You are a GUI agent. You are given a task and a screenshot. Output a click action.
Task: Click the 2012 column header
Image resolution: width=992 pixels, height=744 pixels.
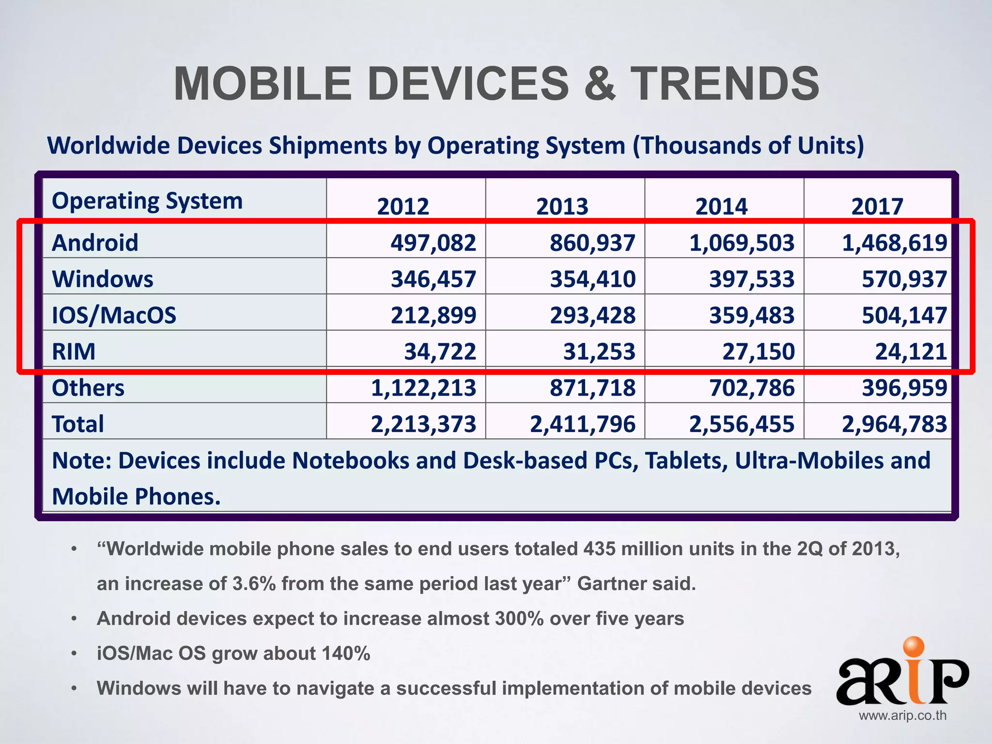[x=403, y=206]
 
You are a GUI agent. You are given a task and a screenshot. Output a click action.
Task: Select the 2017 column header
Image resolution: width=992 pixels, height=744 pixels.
[x=877, y=206]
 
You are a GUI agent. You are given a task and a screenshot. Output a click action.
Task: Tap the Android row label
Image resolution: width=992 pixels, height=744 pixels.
[x=95, y=242]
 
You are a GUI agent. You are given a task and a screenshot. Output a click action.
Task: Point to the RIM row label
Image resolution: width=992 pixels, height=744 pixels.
[x=74, y=351]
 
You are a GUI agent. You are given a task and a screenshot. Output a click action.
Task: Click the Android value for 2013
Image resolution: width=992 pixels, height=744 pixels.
[x=592, y=242]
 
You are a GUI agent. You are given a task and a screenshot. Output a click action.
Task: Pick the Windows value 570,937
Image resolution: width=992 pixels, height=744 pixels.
[x=904, y=279]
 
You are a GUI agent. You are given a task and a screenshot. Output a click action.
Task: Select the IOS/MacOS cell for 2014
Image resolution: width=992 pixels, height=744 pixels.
[x=751, y=315]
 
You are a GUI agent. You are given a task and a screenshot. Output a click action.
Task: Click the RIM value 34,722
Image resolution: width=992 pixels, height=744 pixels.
[x=440, y=351]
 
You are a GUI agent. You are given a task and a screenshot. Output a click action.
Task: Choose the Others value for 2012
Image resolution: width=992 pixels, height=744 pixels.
[x=423, y=387]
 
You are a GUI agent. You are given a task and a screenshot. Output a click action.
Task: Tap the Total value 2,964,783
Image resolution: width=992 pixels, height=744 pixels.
[x=894, y=424]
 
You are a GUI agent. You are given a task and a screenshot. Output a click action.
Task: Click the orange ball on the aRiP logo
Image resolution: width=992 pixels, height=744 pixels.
[x=914, y=649]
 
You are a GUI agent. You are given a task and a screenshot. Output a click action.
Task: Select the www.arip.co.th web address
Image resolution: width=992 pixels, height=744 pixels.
[x=902, y=715]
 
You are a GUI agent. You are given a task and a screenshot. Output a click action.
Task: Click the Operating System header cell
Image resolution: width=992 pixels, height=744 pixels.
[x=147, y=201]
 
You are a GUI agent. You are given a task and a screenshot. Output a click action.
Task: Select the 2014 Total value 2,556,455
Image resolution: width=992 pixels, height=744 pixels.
[x=742, y=424]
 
